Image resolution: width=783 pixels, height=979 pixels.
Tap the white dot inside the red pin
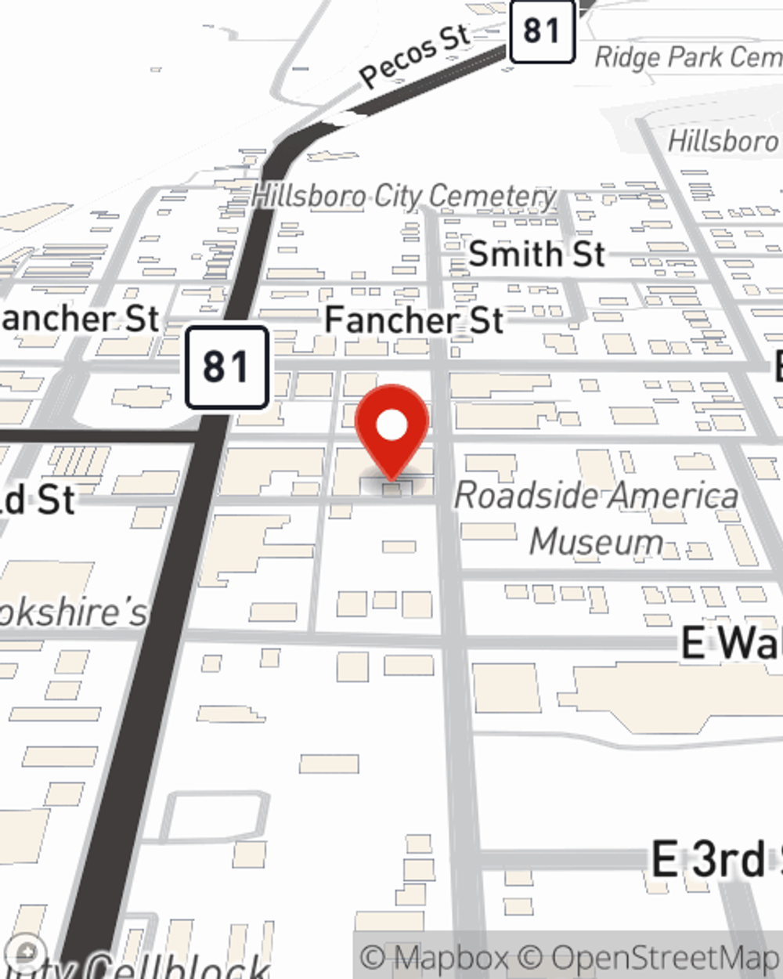point(391,426)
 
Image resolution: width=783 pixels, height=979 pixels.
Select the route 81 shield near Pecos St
point(542,31)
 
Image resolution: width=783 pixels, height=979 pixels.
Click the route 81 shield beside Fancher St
point(227,367)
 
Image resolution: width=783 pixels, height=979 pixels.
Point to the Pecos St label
point(415,55)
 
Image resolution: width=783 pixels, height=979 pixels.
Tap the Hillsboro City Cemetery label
point(404,196)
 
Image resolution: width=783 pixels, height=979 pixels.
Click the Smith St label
point(537,255)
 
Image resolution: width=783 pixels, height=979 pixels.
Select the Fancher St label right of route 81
point(414,320)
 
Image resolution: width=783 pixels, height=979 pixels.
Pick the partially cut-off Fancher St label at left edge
point(78,319)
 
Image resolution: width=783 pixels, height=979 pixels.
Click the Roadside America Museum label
point(597,518)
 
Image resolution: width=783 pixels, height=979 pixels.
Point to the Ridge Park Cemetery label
point(687,57)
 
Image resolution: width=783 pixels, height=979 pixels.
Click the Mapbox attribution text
point(435,957)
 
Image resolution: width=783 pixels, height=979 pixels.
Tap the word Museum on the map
point(597,541)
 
